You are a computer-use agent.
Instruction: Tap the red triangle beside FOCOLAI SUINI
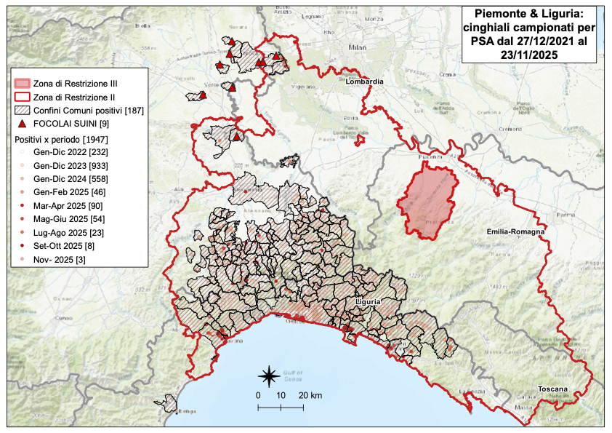(x=22, y=124)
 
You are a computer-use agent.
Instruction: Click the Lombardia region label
(x=364, y=82)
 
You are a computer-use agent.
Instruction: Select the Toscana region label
(x=552, y=389)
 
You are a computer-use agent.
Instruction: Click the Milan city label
(x=355, y=47)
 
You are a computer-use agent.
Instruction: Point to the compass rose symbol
(x=268, y=376)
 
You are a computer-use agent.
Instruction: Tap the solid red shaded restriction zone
(x=429, y=196)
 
